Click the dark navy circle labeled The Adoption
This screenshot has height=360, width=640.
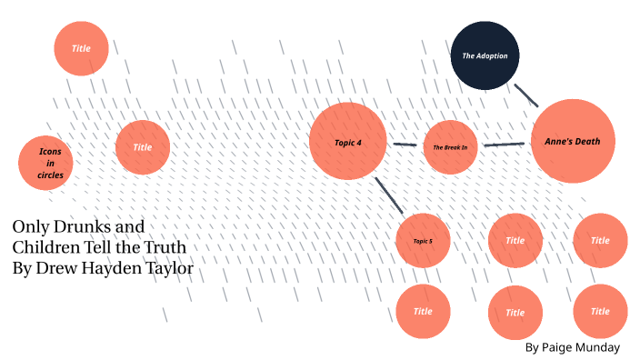pyautogui.click(x=485, y=55)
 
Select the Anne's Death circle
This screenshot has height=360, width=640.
pyautogui.click(x=573, y=141)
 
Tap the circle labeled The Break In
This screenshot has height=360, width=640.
pyautogui.click(x=450, y=146)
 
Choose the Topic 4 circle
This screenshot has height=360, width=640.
pyautogui.click(x=347, y=142)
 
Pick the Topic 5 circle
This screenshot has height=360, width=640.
pyautogui.click(x=423, y=240)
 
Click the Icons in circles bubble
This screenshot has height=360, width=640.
pyautogui.click(x=45, y=163)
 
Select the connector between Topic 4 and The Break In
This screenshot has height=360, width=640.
pyautogui.click(x=405, y=145)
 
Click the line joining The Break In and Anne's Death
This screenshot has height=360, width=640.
pyautogui.click(x=505, y=144)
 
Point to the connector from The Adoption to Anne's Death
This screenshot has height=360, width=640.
pyautogui.click(x=525, y=95)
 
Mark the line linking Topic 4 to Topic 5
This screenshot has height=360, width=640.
pyautogui.click(x=389, y=195)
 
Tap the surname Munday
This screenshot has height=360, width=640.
pyautogui.click(x=601, y=347)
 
